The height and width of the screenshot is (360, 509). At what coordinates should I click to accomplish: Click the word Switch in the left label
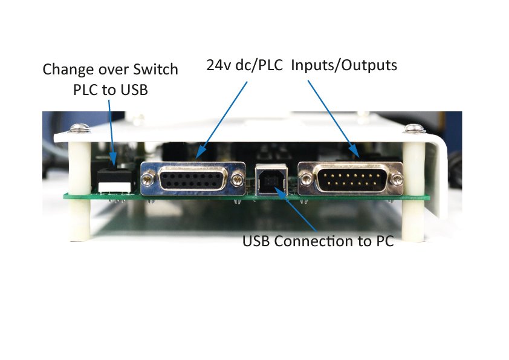[154, 70]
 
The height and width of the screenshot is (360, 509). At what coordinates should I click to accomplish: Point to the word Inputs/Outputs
[344, 65]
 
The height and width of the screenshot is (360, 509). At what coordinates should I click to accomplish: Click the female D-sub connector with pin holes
[193, 179]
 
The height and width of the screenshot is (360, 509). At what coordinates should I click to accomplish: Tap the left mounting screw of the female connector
[147, 178]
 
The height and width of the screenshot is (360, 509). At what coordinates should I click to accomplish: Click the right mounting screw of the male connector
[396, 179]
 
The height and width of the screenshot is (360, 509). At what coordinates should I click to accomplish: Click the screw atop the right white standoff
[413, 128]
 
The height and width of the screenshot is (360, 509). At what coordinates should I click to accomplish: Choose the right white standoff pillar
[413, 188]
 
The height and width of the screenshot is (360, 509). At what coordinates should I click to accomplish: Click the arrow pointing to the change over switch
[112, 130]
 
